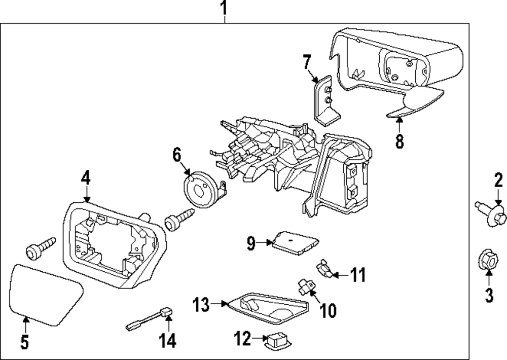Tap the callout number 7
click(x=307, y=62)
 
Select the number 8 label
click(x=400, y=141)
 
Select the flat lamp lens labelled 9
click(x=295, y=242)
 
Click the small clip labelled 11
click(x=324, y=268)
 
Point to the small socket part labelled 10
click(x=305, y=287)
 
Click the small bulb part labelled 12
click(x=277, y=342)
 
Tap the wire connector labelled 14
click(x=149, y=319)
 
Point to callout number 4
click(x=86, y=178)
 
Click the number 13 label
click(x=201, y=304)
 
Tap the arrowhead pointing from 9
click(x=270, y=242)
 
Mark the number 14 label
click(x=168, y=341)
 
